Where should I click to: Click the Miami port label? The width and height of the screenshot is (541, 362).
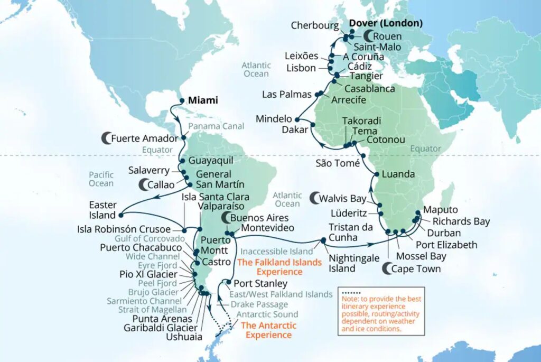click(203, 100)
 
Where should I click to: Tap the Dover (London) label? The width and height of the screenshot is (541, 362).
click(385, 23)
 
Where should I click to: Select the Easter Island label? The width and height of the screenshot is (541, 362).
click(102, 210)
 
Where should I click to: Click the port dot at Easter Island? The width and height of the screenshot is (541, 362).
click(121, 215)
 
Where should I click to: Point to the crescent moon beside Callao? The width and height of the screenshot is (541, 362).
click(144, 184)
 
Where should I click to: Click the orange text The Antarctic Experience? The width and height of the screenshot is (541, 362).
click(268, 330)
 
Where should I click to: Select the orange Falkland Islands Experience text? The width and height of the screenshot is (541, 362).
click(279, 267)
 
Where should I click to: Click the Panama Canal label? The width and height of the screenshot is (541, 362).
click(216, 126)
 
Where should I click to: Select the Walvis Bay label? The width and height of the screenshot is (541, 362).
click(343, 199)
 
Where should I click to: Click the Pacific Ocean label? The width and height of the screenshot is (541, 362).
click(101, 178)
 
